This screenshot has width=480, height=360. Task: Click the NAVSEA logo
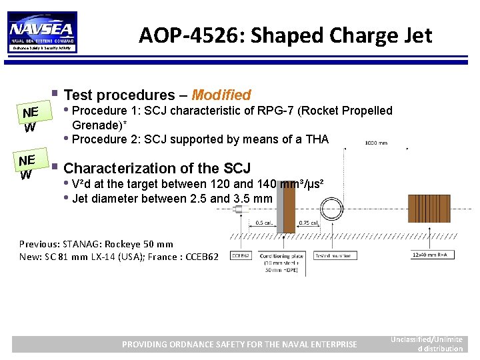pyautogui.click(x=42, y=31)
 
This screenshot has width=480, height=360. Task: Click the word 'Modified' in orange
pyautogui.click(x=221, y=95)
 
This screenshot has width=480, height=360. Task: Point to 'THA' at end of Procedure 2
pyautogui.click(x=316, y=139)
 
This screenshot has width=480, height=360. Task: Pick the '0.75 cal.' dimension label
pyautogui.click(x=308, y=223)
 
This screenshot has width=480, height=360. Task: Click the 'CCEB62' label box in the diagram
pyautogui.click(x=240, y=255)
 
